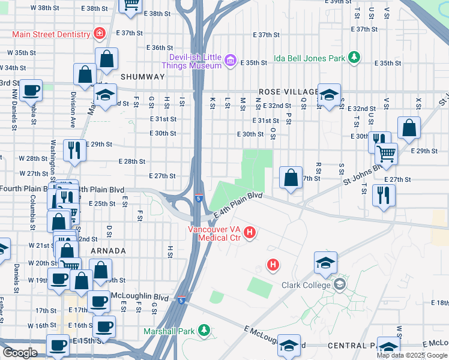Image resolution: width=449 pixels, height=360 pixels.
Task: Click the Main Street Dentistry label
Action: [52, 34]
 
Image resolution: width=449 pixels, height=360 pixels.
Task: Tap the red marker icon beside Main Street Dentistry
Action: [98, 34]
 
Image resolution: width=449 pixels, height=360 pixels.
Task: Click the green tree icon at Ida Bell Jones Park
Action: [355, 58]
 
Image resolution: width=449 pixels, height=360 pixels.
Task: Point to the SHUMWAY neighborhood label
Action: [142, 77]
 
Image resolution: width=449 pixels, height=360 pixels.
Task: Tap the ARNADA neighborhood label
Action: [109, 251]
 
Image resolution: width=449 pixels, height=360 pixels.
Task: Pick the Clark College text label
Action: [306, 286]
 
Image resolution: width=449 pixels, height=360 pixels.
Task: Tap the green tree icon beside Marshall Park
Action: [204, 330]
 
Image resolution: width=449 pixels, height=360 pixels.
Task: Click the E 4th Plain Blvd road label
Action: [238, 205]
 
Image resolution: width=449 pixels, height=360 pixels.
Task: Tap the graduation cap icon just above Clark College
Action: [325, 262]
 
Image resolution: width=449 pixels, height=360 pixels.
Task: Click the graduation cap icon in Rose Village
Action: [329, 95]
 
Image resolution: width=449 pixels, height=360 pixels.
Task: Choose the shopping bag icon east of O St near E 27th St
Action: [291, 178]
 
